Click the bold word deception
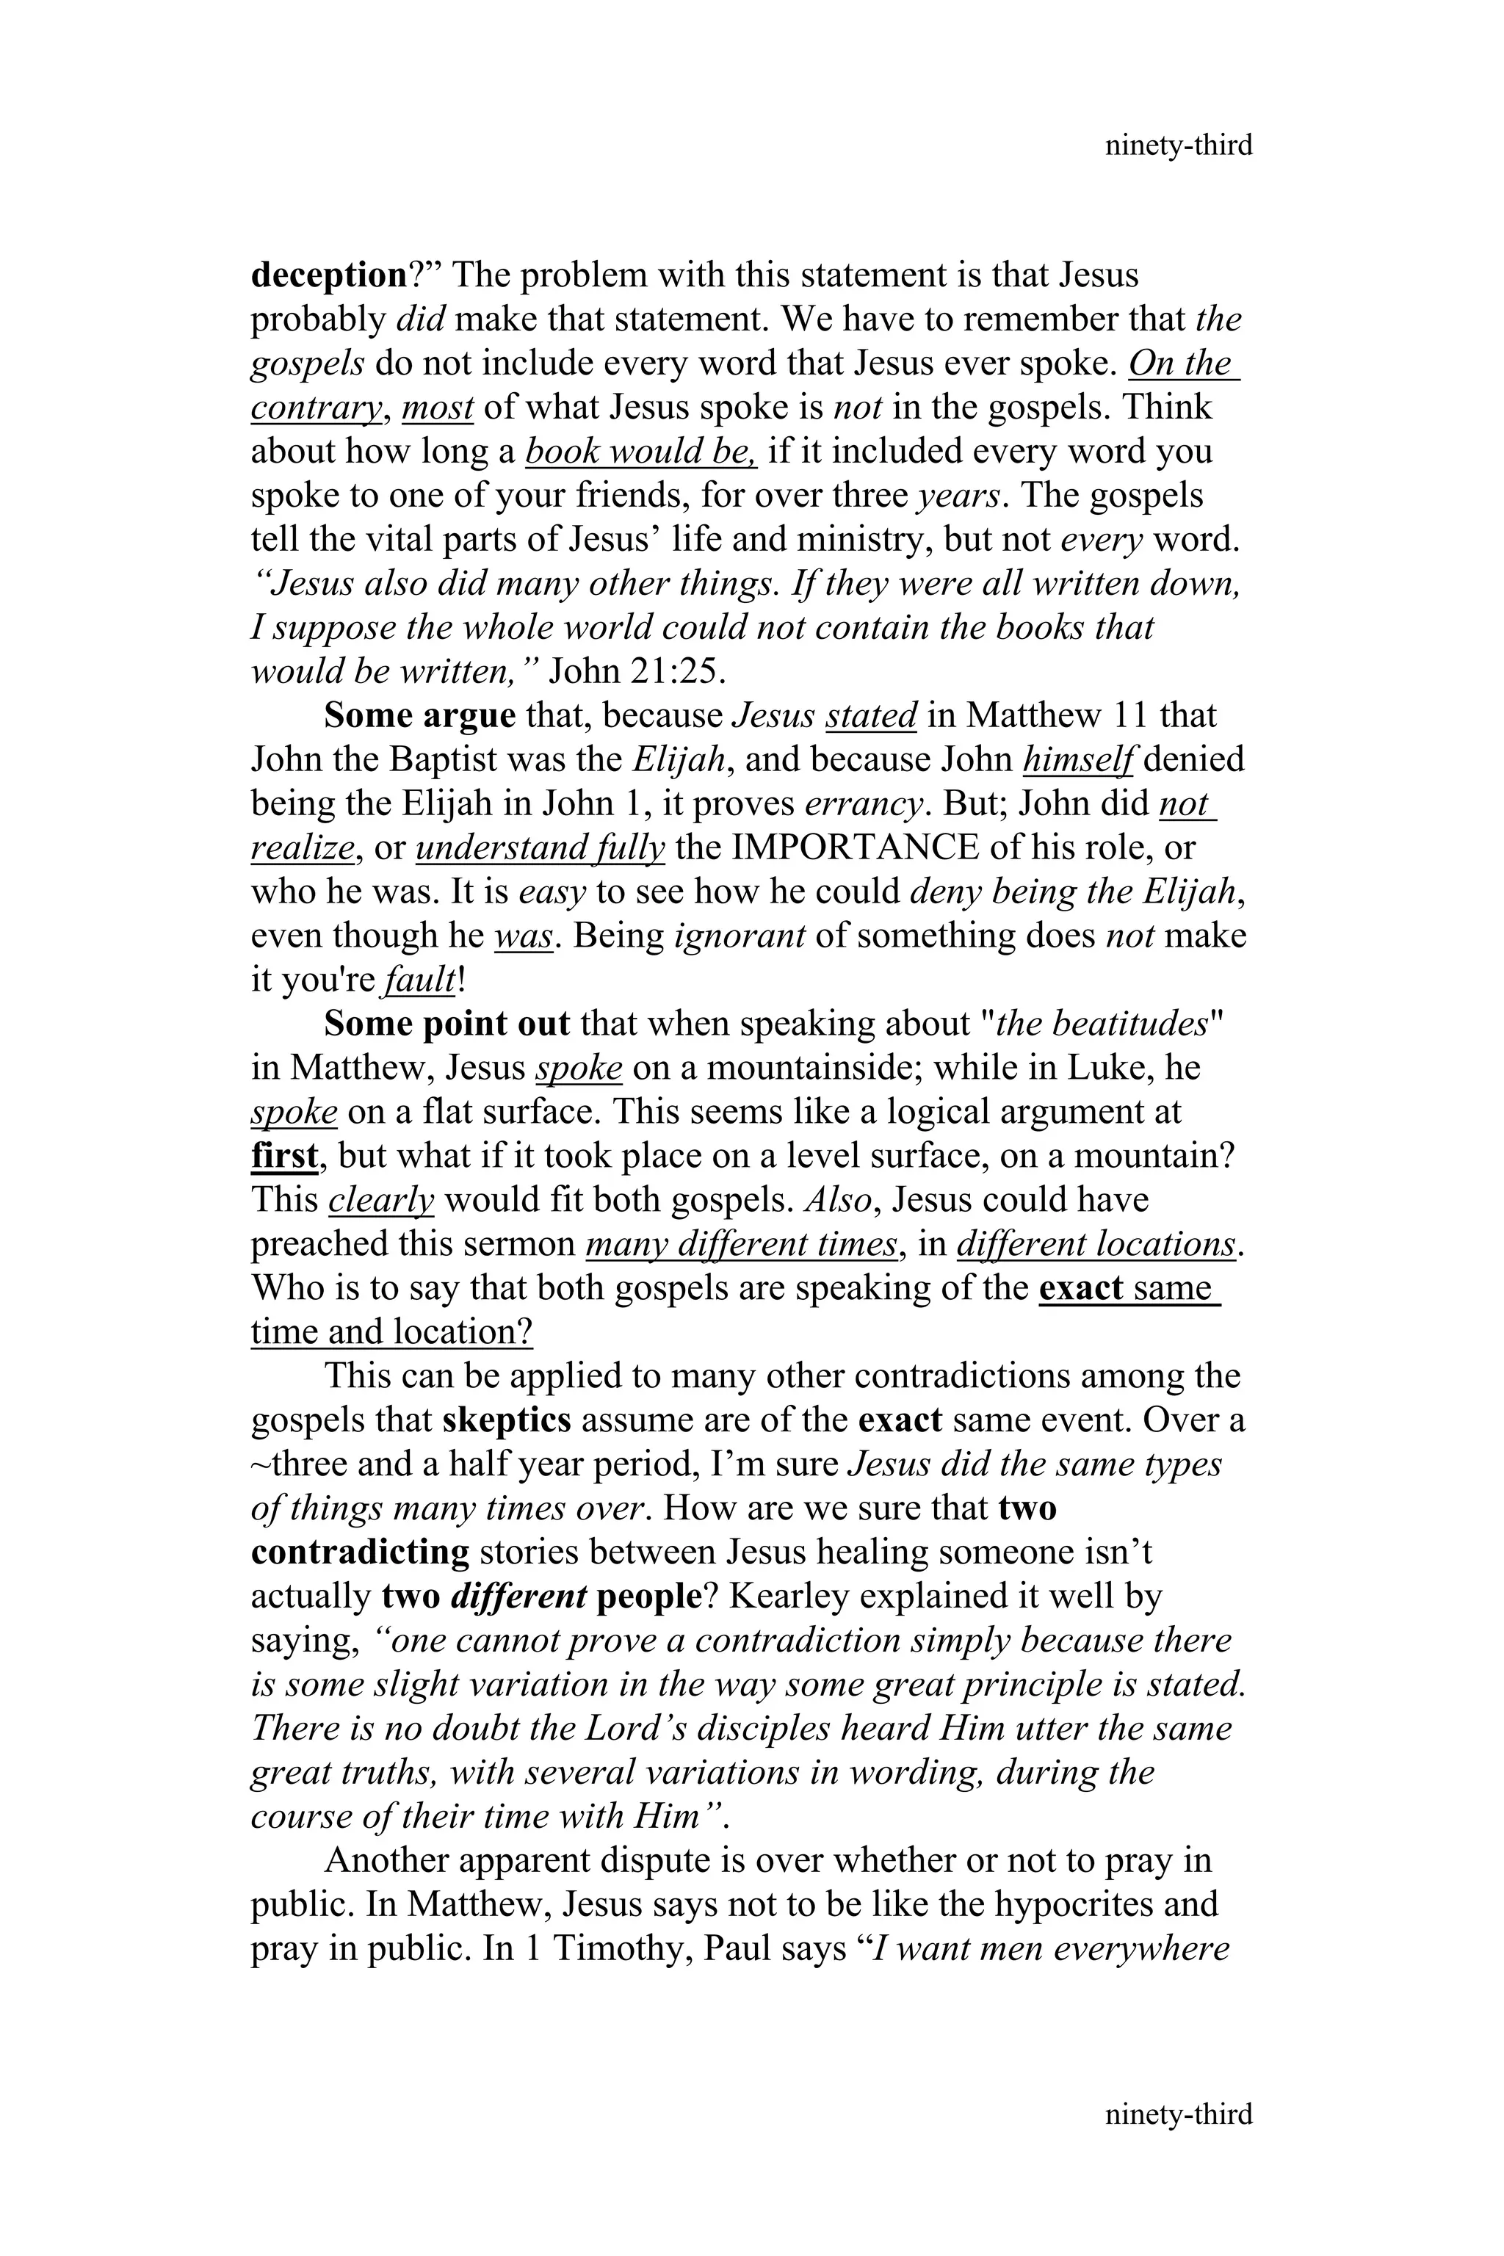click(x=329, y=275)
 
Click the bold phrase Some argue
click(x=419, y=715)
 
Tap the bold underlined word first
click(x=284, y=1156)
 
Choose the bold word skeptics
click(x=507, y=1420)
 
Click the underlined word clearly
click(x=381, y=1200)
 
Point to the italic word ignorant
click(x=740, y=936)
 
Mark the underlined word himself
click(x=1079, y=759)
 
